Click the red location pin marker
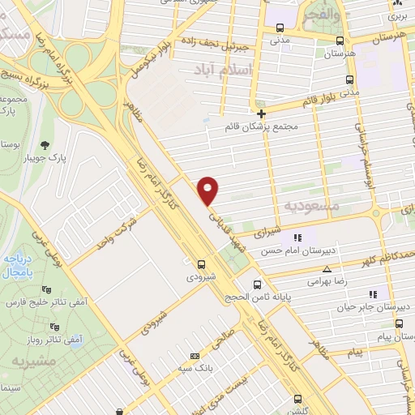[x=209, y=190]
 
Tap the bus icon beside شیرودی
[x=202, y=263]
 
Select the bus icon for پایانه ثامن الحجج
[x=258, y=285]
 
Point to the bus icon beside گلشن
[x=299, y=399]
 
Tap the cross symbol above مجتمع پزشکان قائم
[x=261, y=113]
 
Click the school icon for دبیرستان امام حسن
[x=297, y=237]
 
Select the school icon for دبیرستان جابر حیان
[x=372, y=294]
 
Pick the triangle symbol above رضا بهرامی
[x=327, y=270]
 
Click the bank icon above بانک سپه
[x=194, y=356]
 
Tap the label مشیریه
[x=30, y=361]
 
